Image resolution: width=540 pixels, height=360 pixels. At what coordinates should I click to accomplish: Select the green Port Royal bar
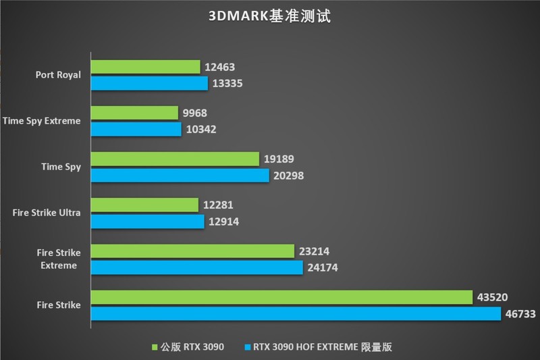point(146,66)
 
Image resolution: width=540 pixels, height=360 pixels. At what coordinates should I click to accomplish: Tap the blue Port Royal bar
point(149,83)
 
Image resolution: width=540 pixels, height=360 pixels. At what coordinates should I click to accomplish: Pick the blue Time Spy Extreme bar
point(136,129)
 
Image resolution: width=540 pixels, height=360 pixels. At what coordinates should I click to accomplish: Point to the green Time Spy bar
point(175,159)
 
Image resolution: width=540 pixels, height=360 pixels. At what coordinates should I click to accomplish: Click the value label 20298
point(290,176)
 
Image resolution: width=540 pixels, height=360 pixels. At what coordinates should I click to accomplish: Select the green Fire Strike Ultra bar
point(144,205)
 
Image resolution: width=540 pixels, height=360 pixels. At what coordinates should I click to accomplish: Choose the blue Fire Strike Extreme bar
point(197,267)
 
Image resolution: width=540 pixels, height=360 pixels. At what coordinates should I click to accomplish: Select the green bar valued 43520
point(281,297)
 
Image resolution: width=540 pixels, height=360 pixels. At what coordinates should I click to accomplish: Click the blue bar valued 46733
point(296,314)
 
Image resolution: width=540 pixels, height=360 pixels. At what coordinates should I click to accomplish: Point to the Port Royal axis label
point(58,75)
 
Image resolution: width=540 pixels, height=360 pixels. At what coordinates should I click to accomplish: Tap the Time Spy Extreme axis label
point(42,121)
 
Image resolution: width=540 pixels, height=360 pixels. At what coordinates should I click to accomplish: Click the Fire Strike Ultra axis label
point(47,213)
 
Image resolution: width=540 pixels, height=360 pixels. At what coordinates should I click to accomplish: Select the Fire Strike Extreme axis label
point(57,259)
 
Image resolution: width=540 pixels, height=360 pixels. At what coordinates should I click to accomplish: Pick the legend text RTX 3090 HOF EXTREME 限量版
point(323,347)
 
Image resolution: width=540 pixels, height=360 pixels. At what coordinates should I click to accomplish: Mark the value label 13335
point(228,83)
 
